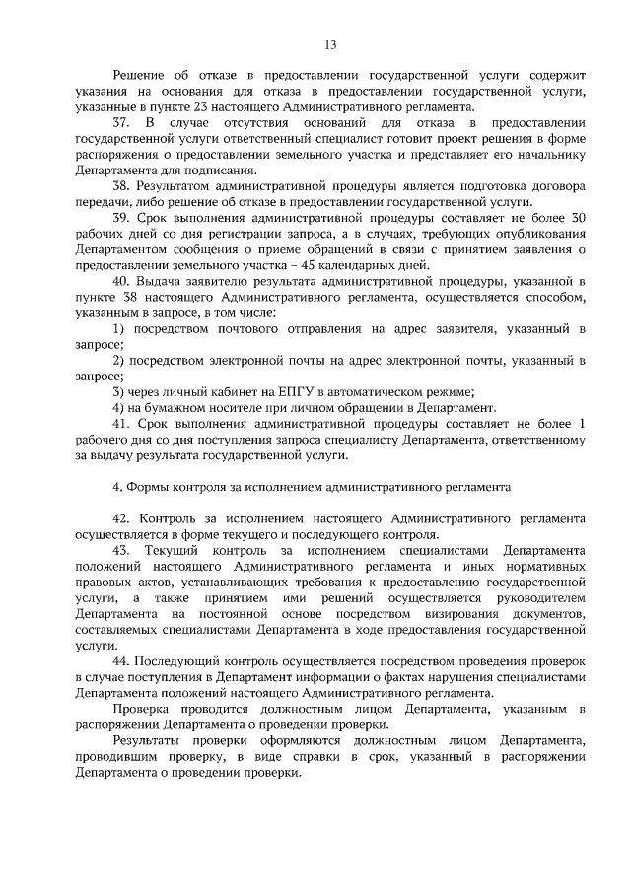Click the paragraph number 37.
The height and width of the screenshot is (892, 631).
tap(122, 123)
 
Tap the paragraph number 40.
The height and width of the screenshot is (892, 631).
tap(122, 283)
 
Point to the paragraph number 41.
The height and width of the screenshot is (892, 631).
tap(122, 423)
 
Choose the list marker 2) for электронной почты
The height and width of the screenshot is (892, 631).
tap(118, 362)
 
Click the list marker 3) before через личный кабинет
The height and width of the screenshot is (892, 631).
tap(118, 392)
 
